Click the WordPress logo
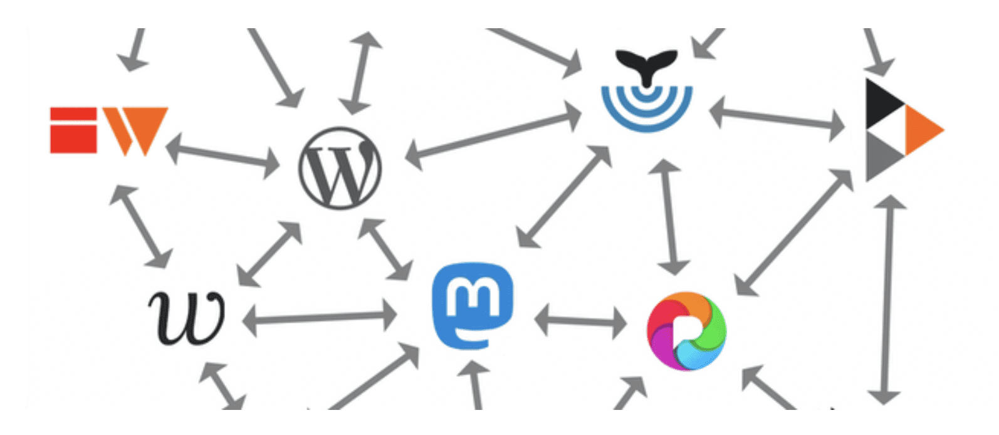340,168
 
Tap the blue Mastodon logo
473,305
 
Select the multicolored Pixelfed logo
686,330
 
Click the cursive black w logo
187,317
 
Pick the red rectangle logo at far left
73,130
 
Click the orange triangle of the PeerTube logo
923,130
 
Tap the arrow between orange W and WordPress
222,155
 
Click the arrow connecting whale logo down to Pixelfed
670,216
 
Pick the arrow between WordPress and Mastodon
385,249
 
